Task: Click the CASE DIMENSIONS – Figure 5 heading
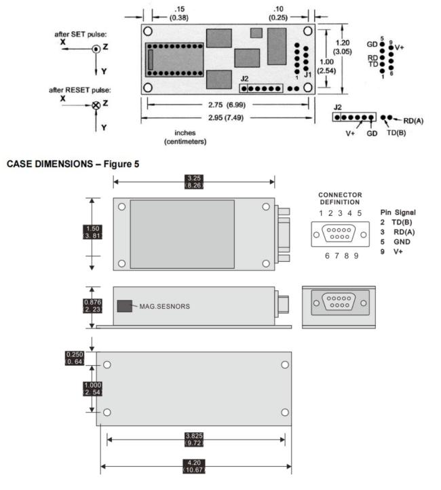click(73, 164)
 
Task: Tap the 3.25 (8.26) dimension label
click(194, 182)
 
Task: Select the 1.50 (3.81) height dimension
click(93, 232)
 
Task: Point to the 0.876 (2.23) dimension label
click(92, 306)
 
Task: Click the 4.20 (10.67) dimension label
click(194, 466)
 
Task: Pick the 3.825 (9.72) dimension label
click(194, 439)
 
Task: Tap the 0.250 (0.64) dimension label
click(75, 358)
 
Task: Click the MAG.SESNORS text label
click(165, 307)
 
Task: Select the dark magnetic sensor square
click(125, 306)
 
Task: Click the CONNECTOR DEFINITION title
click(340, 198)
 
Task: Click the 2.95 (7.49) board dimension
click(226, 118)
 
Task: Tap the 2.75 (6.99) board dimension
click(227, 105)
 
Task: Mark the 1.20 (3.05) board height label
click(343, 48)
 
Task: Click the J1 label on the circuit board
click(307, 75)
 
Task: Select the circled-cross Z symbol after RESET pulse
click(96, 105)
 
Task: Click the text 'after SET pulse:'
click(81, 35)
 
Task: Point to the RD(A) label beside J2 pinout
click(413, 121)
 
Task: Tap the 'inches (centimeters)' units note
click(185, 137)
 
